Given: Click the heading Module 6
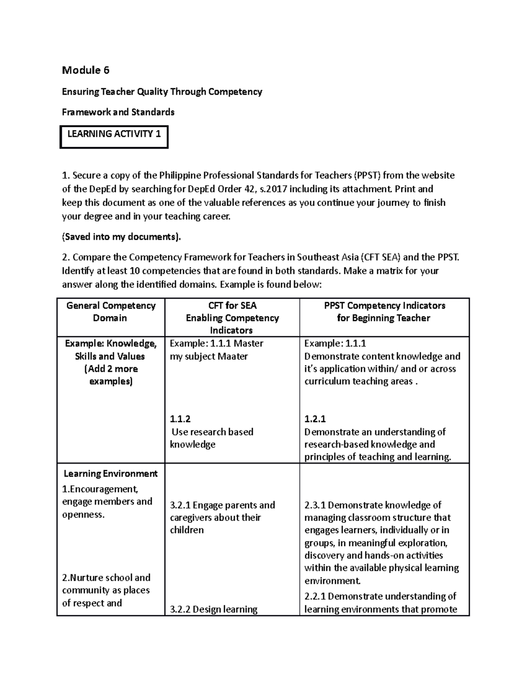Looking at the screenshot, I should click(x=86, y=70).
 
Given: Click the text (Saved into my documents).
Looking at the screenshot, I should click(x=121, y=237).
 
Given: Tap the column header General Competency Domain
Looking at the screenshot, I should click(x=111, y=312).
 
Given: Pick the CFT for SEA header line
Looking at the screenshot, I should click(x=232, y=306).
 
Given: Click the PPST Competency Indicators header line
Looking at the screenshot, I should click(x=384, y=306).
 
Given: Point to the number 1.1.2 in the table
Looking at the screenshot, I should click(x=180, y=419).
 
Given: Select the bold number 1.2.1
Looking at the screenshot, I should click(x=315, y=419).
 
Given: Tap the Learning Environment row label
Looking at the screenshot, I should click(x=111, y=474).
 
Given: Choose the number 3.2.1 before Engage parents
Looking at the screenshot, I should click(x=180, y=505).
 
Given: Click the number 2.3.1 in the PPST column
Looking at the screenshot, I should click(x=314, y=505).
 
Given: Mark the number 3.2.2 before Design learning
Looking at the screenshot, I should click(x=180, y=610).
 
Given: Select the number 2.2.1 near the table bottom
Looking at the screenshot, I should click(x=314, y=596).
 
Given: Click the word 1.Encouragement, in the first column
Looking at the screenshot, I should click(x=100, y=489).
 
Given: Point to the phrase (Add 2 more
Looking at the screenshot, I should click(x=111, y=369).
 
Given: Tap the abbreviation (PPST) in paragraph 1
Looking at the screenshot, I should click(x=368, y=176).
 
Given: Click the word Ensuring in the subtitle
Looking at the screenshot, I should click(x=80, y=92).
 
